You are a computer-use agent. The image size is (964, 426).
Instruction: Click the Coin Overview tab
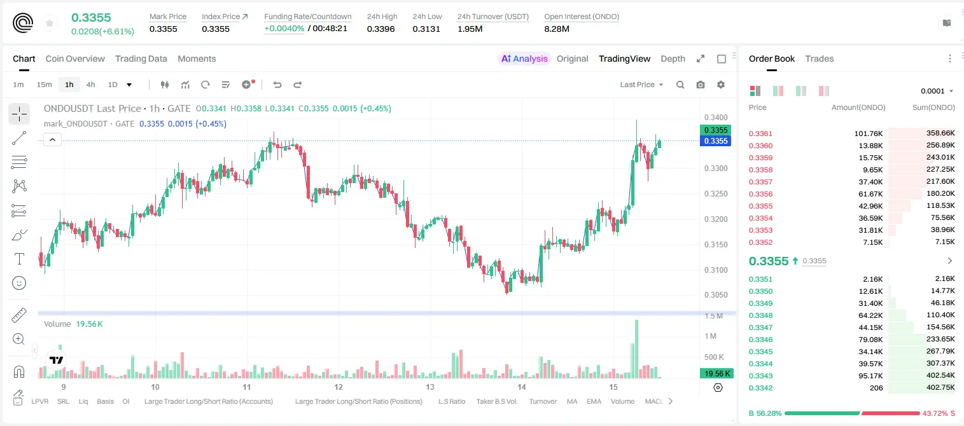(75, 58)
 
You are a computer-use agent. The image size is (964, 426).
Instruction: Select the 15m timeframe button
(44, 85)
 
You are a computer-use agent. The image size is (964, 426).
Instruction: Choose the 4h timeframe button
(90, 85)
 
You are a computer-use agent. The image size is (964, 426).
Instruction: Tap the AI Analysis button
(524, 58)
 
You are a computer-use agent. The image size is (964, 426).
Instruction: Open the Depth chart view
(673, 58)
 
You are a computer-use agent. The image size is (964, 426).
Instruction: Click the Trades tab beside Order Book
(820, 58)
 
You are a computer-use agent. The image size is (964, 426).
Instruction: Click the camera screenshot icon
(701, 85)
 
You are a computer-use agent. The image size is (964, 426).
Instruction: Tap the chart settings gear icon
(721, 85)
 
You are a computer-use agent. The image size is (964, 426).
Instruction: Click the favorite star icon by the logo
(50, 23)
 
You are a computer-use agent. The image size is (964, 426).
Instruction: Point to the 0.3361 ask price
(760, 134)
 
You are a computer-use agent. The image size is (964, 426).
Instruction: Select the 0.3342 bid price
(760, 388)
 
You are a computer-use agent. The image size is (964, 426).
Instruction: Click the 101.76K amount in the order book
(869, 134)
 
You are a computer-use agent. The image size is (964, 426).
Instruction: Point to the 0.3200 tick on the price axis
(716, 219)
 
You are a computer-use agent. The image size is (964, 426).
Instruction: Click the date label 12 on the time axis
(339, 387)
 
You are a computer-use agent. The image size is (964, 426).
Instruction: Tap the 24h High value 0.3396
(381, 29)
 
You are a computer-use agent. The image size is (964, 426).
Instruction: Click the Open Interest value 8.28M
(557, 29)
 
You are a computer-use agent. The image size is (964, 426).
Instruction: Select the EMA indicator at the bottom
(594, 401)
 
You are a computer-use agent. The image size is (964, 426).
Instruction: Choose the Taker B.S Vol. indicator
(496, 401)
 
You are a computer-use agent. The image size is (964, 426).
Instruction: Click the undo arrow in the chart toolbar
(277, 85)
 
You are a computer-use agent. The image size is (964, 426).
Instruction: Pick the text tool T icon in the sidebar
(19, 259)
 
